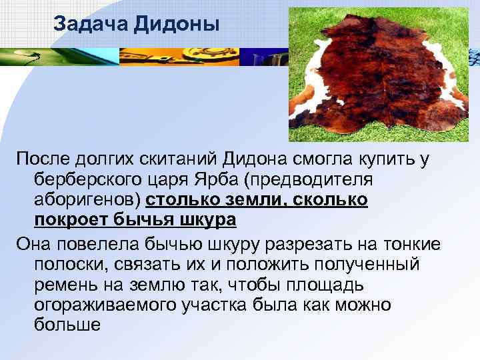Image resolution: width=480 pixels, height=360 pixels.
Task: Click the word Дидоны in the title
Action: pos(177,25)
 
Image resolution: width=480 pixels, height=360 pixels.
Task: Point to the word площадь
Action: pos(323,285)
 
